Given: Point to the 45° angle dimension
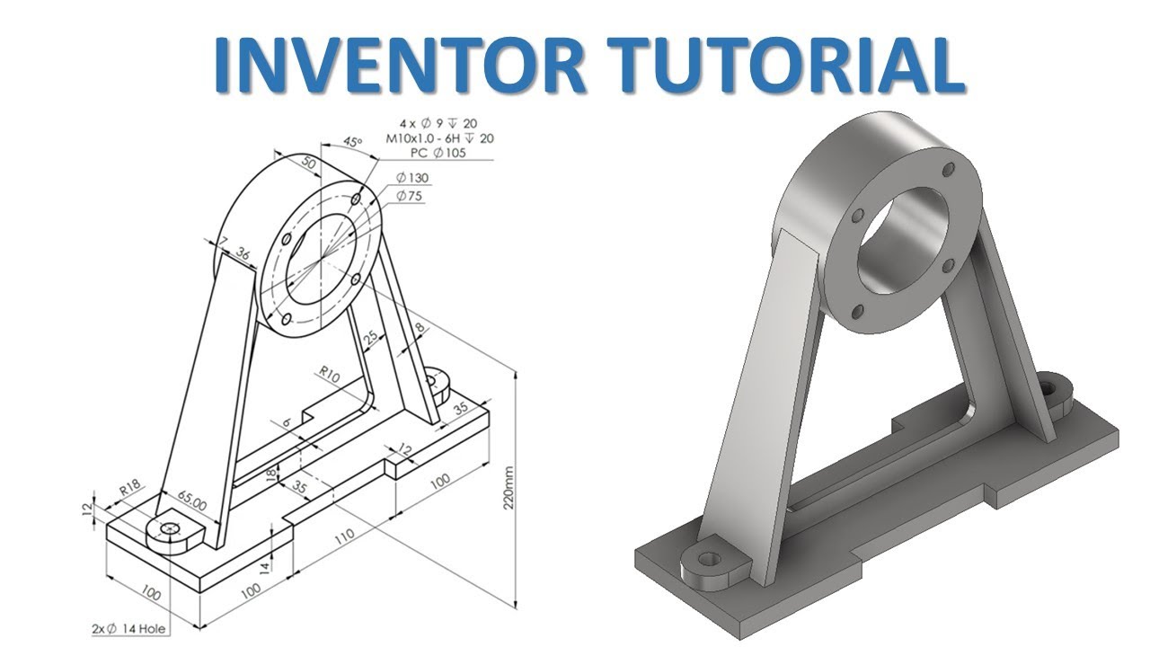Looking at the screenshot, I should click(x=353, y=143).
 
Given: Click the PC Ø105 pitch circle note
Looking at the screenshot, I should click(x=438, y=155).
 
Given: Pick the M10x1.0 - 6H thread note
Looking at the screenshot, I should click(x=439, y=138).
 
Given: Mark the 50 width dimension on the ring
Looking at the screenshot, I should click(x=308, y=164).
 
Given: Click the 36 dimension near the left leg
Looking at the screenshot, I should click(x=243, y=254).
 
